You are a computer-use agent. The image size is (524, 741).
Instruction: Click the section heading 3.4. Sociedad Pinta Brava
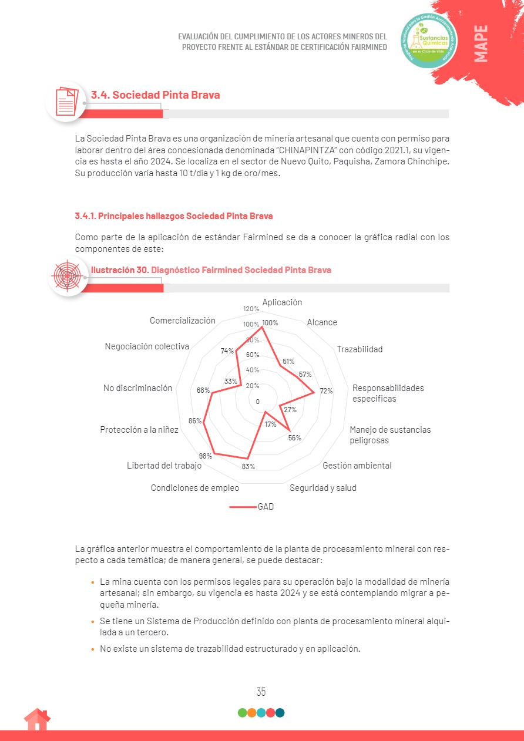coord(155,95)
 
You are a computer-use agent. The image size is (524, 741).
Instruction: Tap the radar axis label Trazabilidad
coord(360,349)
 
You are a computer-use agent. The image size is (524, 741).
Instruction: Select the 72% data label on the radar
coord(326,391)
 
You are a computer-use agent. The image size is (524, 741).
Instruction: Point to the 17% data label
coord(270,425)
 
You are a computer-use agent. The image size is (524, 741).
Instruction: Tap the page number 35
coord(261,692)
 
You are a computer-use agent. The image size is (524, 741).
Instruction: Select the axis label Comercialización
coord(183,321)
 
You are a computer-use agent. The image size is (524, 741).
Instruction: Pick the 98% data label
coord(206,456)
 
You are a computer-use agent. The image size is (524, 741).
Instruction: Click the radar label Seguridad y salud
coord(323,488)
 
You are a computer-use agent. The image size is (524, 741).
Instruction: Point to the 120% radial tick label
coord(251,309)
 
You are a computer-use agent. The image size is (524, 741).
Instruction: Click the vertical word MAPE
coord(481,44)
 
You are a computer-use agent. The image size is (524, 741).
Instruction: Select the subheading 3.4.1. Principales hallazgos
coord(174,216)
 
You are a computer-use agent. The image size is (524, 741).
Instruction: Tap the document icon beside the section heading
coord(66,101)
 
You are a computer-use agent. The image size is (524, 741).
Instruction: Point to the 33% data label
coord(230,382)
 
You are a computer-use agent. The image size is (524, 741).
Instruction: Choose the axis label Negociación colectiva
coord(147,346)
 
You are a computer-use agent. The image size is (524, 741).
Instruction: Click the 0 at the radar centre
coord(257,402)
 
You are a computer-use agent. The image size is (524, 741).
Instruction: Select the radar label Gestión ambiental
coord(357,466)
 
